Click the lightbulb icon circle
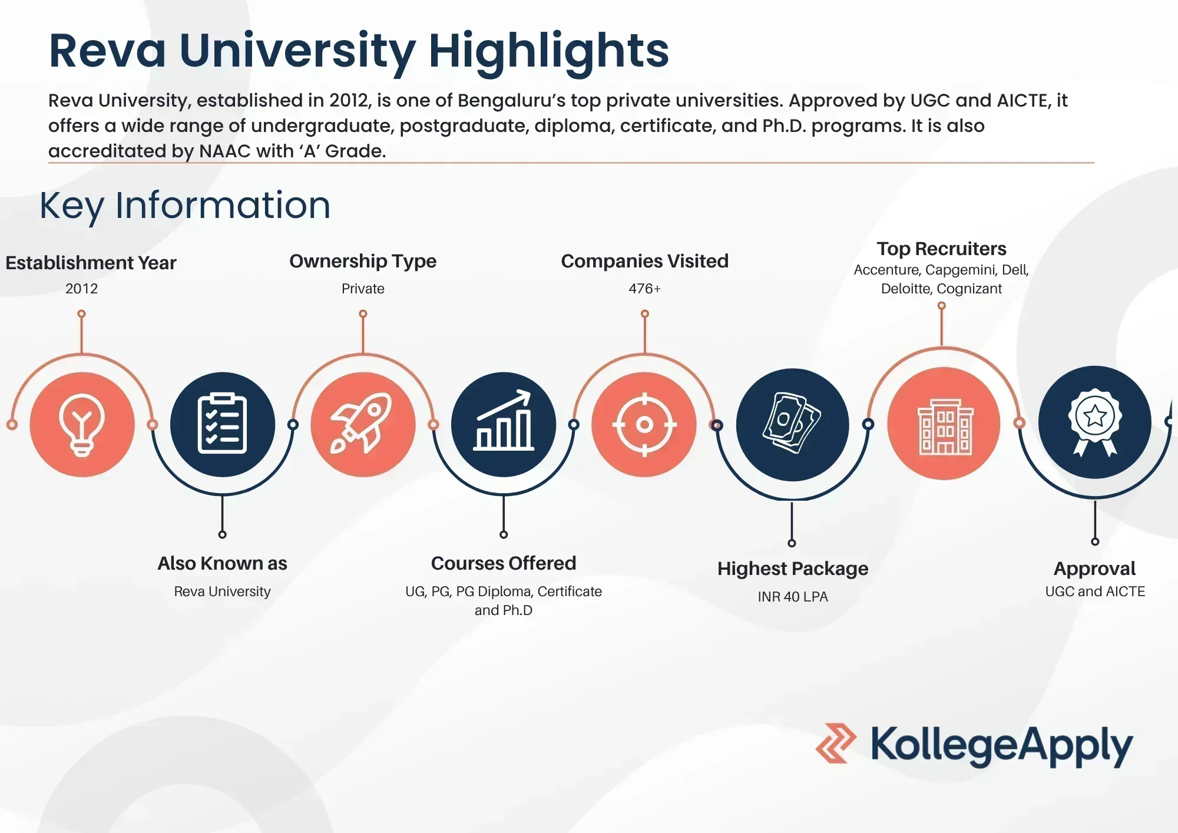(82, 425)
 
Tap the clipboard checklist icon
(222, 424)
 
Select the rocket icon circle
(363, 424)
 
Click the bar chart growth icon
(504, 424)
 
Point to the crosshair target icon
(644, 424)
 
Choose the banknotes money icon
(792, 424)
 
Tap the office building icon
(944, 424)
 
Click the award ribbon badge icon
(1094, 422)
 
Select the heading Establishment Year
(91, 263)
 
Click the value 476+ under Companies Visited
(644, 289)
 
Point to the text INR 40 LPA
(793, 597)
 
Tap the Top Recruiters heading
(941, 249)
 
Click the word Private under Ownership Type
(363, 289)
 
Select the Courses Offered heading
(504, 563)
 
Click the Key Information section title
(185, 206)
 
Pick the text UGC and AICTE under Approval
(1095, 591)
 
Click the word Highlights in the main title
(548, 51)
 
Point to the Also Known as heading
(222, 563)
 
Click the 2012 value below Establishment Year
(81, 289)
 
